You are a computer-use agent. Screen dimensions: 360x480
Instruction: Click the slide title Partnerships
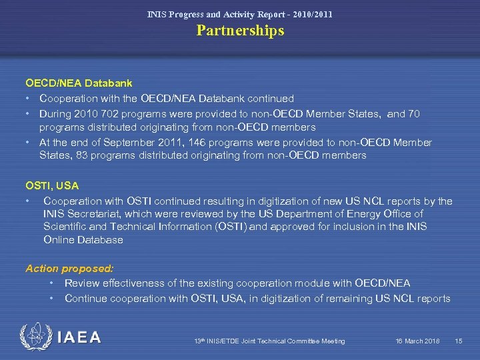(240, 31)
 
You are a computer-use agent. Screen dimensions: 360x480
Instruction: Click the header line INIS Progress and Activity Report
(240, 14)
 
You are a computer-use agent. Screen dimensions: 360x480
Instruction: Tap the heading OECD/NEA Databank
(79, 83)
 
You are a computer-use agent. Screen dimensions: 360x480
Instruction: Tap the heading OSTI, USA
(52, 185)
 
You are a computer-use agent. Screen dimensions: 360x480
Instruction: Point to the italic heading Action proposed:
(69, 269)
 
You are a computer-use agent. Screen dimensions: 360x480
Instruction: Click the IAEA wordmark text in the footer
(79, 338)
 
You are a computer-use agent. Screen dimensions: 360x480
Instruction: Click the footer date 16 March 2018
(417, 341)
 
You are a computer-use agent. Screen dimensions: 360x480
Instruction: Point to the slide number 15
(458, 341)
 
